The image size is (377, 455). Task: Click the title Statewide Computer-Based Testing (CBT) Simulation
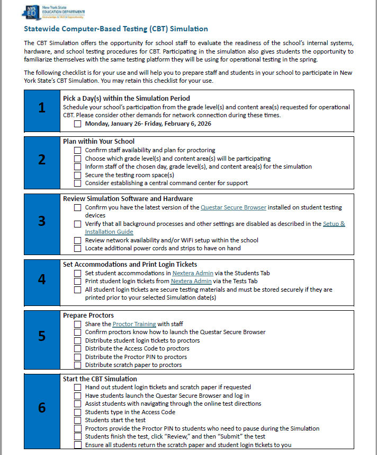(x=116, y=29)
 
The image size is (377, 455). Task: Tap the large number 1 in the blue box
(x=42, y=108)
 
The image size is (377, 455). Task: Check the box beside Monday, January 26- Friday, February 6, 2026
(x=78, y=124)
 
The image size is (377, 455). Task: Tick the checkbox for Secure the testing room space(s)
(x=78, y=175)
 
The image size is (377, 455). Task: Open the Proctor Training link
(x=134, y=324)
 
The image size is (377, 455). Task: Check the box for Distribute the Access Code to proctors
(x=78, y=348)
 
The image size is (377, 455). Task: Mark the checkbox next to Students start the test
(x=78, y=420)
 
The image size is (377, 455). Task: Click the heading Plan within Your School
(x=98, y=142)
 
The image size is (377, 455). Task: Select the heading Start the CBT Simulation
(x=100, y=379)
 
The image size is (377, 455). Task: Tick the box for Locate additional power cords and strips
(x=78, y=248)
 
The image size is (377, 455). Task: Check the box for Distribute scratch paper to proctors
(x=78, y=365)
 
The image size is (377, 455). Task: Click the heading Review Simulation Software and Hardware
(x=128, y=199)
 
